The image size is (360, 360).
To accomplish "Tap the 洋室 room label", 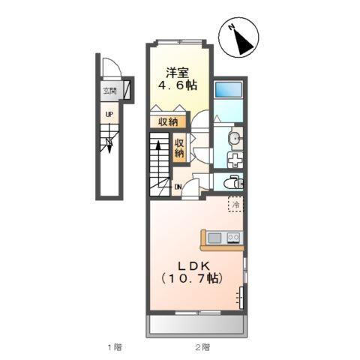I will click(178, 73).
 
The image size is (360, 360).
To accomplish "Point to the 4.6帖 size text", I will click(178, 87).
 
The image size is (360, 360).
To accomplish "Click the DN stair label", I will click(178, 187).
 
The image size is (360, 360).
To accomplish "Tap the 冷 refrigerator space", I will click(235, 205).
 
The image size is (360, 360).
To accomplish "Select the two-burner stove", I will click(233, 239).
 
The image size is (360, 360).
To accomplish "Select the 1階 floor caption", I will click(113, 346).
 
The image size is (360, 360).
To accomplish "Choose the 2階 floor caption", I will click(202, 346).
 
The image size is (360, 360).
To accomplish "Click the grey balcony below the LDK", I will click(198, 325).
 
